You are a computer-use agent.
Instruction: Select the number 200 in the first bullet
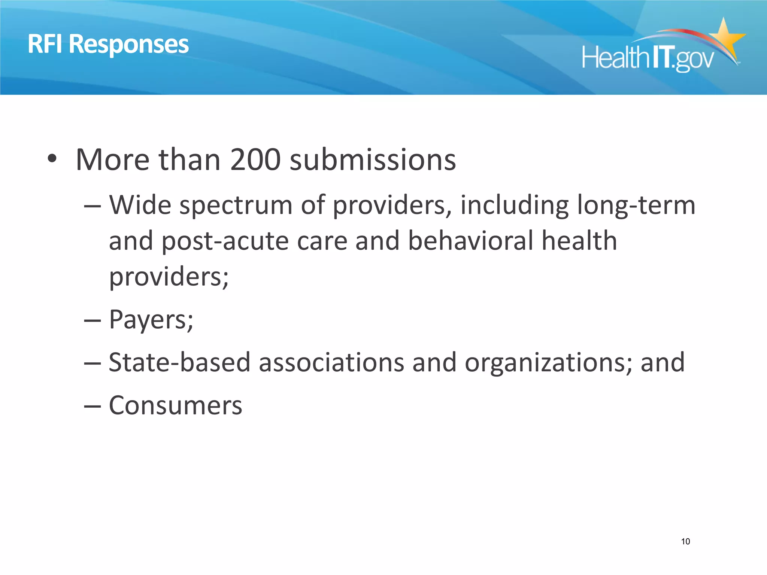coord(255,160)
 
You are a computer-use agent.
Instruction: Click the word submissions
coord(373,160)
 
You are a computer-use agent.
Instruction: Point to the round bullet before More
coord(52,159)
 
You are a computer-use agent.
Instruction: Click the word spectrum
coord(236,206)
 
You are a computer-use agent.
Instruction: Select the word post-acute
coord(225,241)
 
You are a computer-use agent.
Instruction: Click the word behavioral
coord(470,240)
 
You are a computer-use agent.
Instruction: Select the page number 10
coord(685,541)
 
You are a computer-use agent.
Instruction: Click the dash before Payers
coord(92,320)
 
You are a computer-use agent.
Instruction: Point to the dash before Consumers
coord(92,407)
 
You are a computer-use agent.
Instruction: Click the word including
coord(515,206)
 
